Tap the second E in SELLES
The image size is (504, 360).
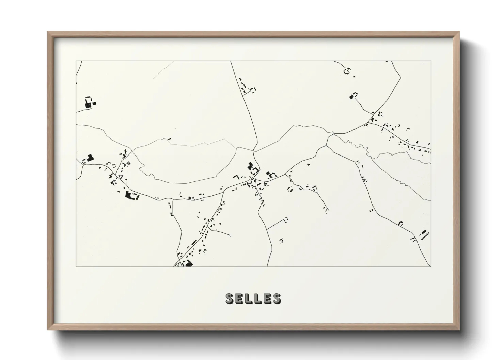[267, 298]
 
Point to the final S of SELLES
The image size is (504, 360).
[277, 298]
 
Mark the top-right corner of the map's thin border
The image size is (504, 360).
[431, 61]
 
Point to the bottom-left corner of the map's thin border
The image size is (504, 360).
[76, 267]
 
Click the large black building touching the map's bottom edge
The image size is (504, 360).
[188, 263]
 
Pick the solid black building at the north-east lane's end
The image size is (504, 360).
[352, 97]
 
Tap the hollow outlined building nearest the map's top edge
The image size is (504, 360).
[347, 71]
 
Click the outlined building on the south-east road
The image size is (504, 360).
[401, 223]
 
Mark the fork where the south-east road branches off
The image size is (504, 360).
[327, 145]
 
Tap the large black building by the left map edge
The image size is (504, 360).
[90, 158]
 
